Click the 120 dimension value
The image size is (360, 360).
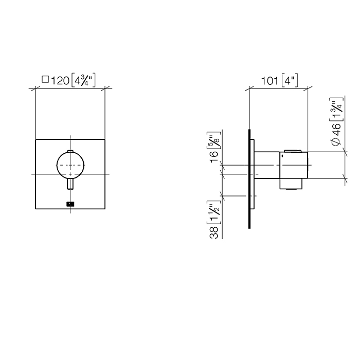tap(60, 81)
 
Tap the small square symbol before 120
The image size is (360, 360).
tap(45, 79)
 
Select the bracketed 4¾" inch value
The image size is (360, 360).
tap(83, 80)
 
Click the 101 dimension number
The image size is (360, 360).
tap(270, 81)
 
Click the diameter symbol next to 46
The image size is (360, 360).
tap(336, 142)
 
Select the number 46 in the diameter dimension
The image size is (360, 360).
tap(336, 130)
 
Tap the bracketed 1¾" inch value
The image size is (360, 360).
tap(336, 109)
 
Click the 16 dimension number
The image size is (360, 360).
tap(214, 157)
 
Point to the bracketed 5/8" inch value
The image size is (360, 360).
tap(214, 140)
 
